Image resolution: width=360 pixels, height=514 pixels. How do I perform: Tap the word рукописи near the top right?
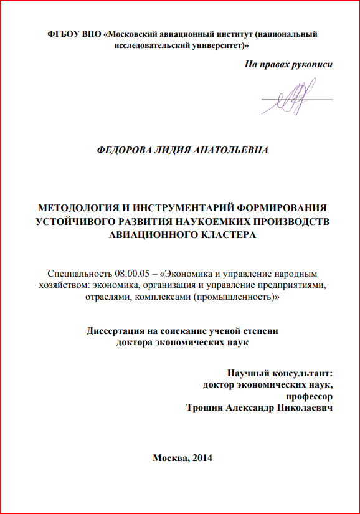(311, 64)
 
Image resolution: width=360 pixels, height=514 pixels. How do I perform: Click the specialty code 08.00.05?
(130, 274)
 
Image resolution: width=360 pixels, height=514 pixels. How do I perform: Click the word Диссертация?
(118, 331)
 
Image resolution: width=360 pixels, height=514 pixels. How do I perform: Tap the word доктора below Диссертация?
(135, 343)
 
